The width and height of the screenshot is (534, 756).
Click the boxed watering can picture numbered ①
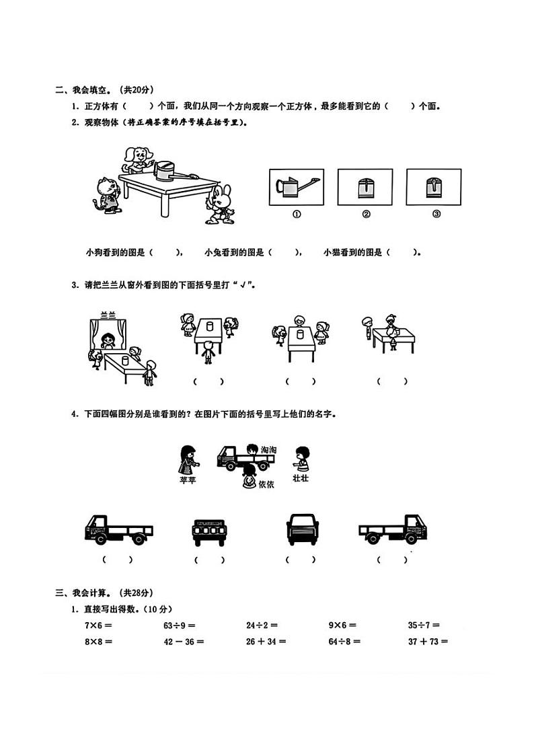pos(296,186)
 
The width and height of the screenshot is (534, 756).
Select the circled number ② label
pos(366,215)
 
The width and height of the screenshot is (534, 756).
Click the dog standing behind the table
pos(135,159)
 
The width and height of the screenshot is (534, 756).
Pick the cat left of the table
pos(106,194)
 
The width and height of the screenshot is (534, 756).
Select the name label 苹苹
pos(188,480)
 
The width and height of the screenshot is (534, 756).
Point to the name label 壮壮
pos(301,478)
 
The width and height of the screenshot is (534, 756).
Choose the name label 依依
pos(266,485)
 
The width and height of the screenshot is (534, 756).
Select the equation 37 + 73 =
pos(427,641)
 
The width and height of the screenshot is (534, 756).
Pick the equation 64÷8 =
pos(344,641)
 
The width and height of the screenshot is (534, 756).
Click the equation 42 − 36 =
pos(184,641)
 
